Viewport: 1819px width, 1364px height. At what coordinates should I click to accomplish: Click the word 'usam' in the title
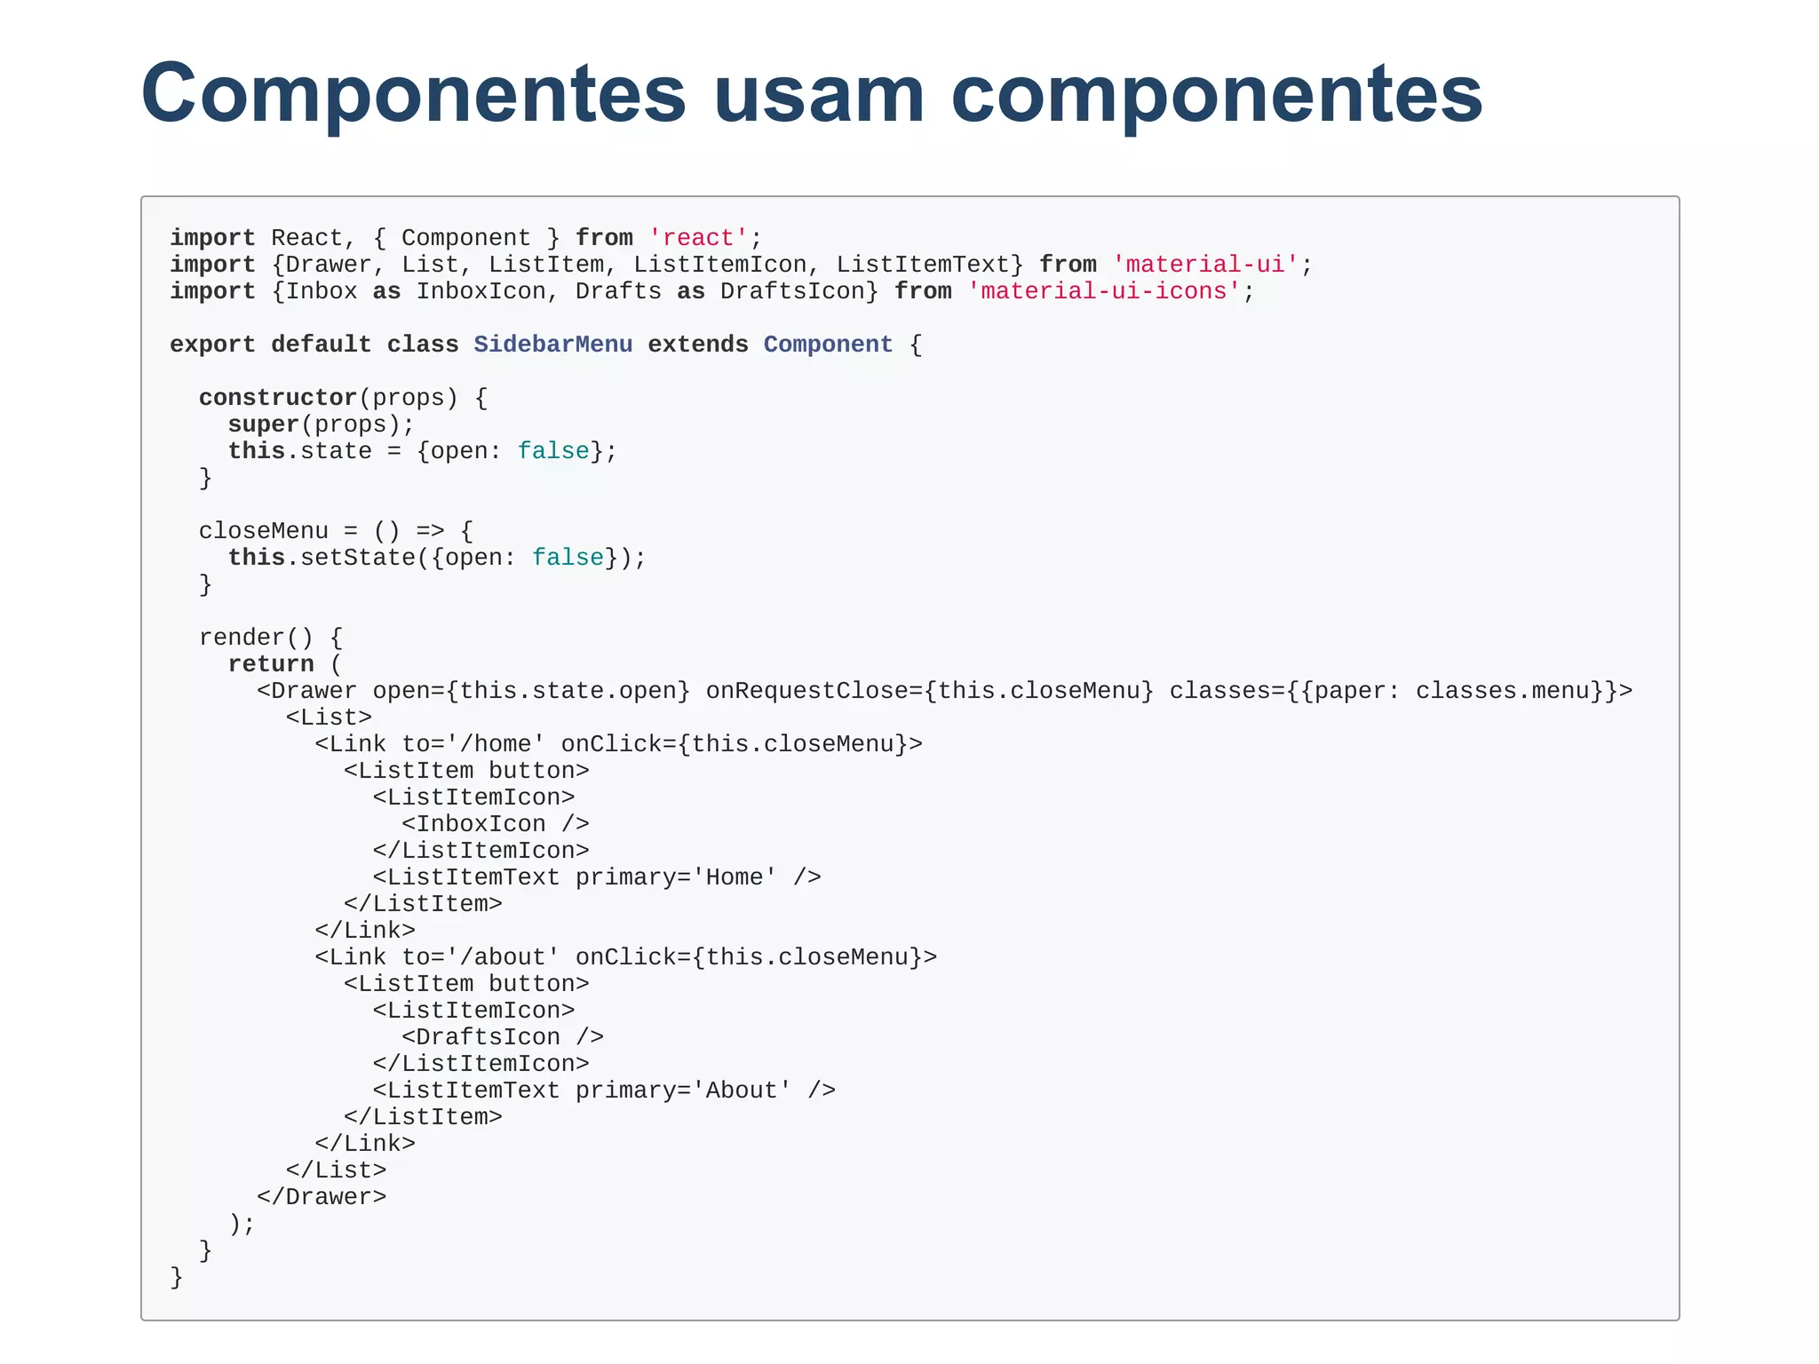point(819,94)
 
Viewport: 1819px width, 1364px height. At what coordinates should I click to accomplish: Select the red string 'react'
point(698,238)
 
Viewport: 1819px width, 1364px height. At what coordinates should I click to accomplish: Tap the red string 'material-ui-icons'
point(1101,291)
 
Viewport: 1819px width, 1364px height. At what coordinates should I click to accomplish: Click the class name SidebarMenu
point(552,345)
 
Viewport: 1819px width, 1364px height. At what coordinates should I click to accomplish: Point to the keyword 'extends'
point(698,345)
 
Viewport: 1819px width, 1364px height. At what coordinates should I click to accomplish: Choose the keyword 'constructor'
point(277,398)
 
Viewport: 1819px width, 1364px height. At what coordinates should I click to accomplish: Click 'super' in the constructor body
point(263,424)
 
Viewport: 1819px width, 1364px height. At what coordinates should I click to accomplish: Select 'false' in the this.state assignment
point(553,451)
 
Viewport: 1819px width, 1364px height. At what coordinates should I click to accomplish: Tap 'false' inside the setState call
point(568,558)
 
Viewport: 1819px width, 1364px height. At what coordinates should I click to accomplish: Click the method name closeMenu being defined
point(263,531)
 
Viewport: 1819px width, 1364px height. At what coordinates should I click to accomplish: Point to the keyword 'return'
point(271,664)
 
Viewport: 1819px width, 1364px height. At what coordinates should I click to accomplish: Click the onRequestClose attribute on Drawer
point(929,691)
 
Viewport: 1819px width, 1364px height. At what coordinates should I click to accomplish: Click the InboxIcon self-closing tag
point(495,824)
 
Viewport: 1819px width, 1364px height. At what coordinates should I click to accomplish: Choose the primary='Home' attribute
point(676,877)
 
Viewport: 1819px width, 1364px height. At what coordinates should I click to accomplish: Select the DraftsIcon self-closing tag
point(502,1037)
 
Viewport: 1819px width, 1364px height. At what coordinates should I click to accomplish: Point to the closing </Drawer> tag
point(322,1197)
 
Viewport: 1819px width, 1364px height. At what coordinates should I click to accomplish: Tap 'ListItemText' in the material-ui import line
point(922,265)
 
